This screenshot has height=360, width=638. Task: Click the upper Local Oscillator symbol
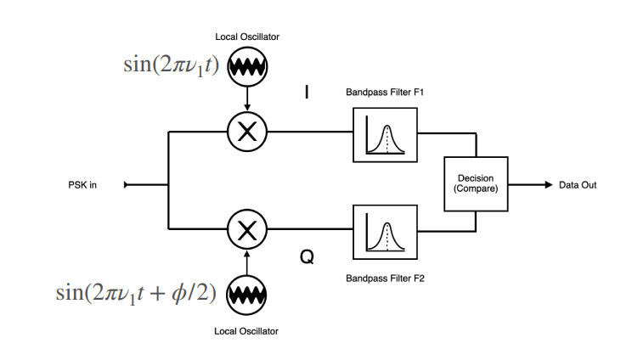pos(248,67)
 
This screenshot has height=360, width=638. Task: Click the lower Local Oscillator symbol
pos(248,294)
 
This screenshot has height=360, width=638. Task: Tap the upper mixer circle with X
pos(247,131)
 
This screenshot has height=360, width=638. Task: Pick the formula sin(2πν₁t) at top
pos(168,67)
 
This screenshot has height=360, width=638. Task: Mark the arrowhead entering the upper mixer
pos(247,107)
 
